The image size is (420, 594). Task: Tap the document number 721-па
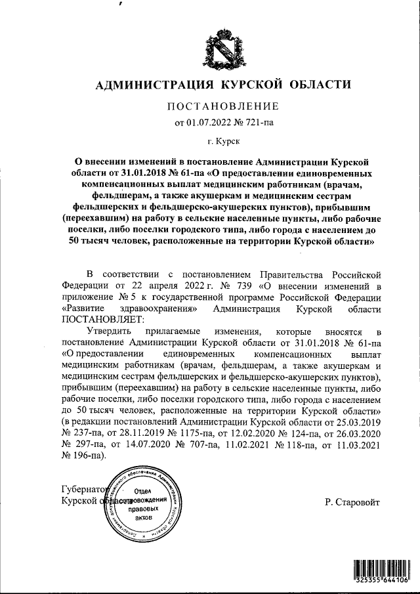(x=263, y=121)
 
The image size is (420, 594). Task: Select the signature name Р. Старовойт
(x=352, y=502)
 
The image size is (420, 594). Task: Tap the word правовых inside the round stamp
(x=143, y=509)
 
